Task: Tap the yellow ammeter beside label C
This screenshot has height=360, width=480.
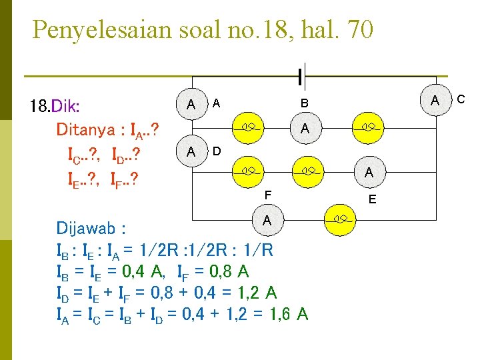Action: tap(435, 101)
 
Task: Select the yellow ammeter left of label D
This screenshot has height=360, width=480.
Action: tap(191, 152)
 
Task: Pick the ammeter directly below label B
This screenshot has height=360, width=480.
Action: tap(304, 128)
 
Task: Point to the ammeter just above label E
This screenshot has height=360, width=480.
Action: tap(369, 173)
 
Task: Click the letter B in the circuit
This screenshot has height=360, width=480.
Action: tap(304, 104)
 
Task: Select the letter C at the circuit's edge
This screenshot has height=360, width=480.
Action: tap(460, 100)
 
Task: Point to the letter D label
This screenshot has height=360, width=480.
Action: tap(217, 151)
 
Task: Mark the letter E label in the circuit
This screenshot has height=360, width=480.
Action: tap(372, 199)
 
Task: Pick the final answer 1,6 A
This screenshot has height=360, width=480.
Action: tap(292, 313)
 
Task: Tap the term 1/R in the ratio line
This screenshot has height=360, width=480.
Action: tap(257, 250)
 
